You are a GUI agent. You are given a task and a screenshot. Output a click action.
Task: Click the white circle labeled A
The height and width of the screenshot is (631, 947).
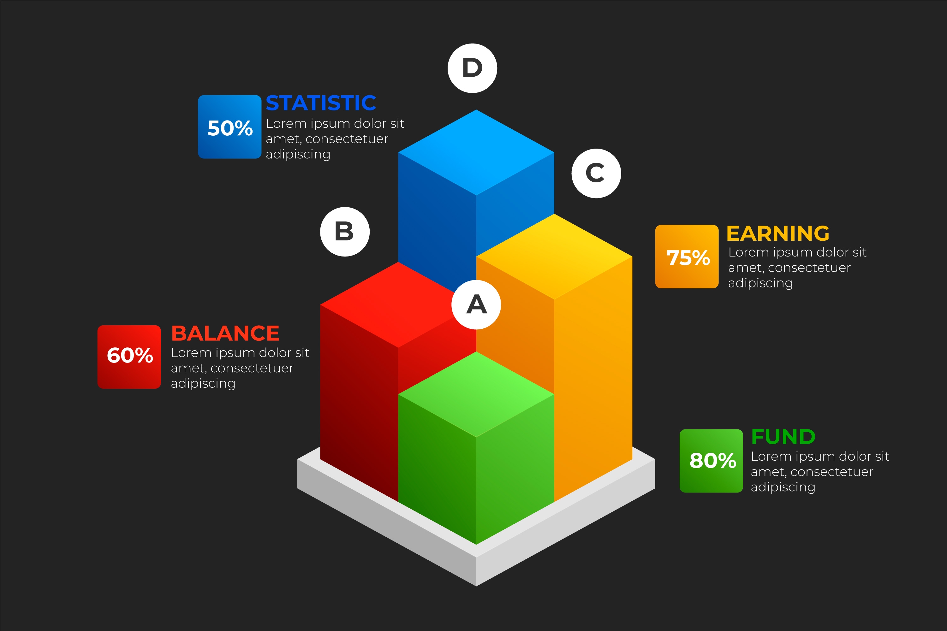click(476, 305)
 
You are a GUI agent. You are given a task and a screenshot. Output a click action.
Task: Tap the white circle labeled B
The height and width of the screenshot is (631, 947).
click(345, 232)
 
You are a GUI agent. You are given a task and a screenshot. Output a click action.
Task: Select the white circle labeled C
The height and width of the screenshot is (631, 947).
click(596, 174)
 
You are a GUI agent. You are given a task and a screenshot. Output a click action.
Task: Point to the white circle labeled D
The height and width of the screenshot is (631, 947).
click(472, 68)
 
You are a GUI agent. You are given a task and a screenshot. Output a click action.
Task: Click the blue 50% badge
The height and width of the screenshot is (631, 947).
click(229, 127)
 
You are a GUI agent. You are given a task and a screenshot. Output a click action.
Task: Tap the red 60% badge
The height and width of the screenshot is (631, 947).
click(129, 357)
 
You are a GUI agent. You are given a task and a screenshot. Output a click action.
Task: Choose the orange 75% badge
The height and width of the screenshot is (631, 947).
click(687, 256)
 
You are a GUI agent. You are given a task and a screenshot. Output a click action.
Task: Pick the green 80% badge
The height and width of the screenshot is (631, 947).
click(711, 461)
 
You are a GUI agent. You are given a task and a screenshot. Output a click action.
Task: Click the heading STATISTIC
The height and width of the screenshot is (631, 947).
click(321, 103)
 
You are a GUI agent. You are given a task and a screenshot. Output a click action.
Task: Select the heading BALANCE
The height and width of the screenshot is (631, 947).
click(225, 333)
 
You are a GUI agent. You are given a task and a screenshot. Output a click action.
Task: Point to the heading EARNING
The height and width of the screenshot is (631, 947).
click(778, 233)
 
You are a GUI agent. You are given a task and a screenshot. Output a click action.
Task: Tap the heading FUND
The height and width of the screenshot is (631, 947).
click(783, 437)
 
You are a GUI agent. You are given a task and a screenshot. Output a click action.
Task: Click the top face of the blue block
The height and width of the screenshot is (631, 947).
click(476, 152)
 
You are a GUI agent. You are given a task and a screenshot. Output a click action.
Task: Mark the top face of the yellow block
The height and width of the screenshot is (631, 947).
click(554, 256)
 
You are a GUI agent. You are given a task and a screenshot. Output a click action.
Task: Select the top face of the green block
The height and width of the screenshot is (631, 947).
click(476, 394)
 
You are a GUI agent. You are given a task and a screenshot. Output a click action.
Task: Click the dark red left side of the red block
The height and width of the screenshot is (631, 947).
click(359, 403)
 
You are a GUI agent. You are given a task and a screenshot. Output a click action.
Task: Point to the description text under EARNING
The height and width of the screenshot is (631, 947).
click(797, 268)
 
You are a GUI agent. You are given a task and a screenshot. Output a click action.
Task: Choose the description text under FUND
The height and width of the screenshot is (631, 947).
click(820, 472)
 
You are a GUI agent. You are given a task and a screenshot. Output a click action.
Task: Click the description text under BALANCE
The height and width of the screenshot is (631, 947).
click(240, 368)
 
